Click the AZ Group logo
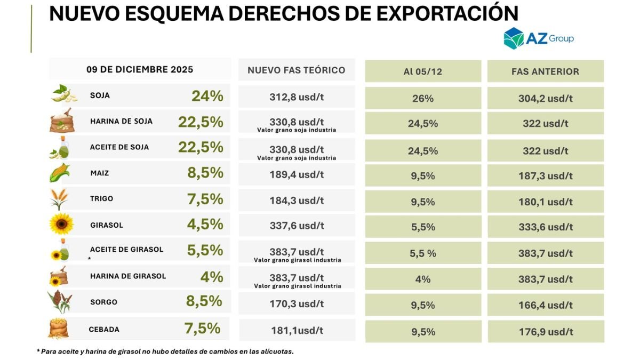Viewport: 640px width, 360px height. (x=539, y=38)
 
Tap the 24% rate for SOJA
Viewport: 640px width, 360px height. (x=207, y=96)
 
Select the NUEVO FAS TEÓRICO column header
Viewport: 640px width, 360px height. (x=297, y=70)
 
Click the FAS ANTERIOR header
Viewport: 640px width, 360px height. (x=546, y=71)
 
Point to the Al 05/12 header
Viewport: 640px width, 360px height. (x=423, y=71)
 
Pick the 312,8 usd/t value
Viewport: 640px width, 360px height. (x=297, y=97)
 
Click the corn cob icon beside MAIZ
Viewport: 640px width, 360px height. (x=60, y=173)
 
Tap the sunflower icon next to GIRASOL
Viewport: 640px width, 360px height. (x=61, y=223)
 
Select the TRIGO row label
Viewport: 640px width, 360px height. (x=102, y=198)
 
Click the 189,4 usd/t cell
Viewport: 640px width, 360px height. (x=297, y=174)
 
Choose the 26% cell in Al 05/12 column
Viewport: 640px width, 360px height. (x=423, y=99)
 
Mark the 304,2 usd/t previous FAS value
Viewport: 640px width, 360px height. (x=546, y=99)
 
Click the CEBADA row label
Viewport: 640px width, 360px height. (x=104, y=330)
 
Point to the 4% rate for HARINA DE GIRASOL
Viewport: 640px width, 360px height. (x=212, y=277)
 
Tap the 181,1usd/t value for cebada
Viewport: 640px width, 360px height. (x=297, y=331)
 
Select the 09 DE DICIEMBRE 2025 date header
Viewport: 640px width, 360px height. (x=140, y=69)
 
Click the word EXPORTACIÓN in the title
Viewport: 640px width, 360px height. (x=447, y=13)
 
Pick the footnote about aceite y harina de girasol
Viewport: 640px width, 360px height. (x=165, y=351)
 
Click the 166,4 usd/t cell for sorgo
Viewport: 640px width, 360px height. (x=546, y=305)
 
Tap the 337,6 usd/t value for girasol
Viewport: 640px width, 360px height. (x=297, y=226)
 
